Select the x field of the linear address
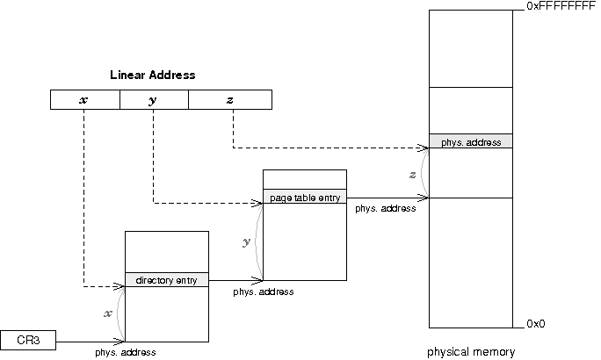84,100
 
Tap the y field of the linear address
153,100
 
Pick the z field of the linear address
230,100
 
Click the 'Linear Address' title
152,76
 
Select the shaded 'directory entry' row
167,280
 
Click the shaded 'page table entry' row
305,198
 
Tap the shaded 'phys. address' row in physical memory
470,140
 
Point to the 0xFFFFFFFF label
560,6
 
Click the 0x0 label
535,324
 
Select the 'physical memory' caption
471,352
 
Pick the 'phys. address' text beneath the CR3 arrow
127,352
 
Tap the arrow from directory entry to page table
235,280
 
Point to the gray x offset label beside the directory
108,313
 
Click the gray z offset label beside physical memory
413,175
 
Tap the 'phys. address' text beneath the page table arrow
385,209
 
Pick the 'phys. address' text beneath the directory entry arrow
264,292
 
